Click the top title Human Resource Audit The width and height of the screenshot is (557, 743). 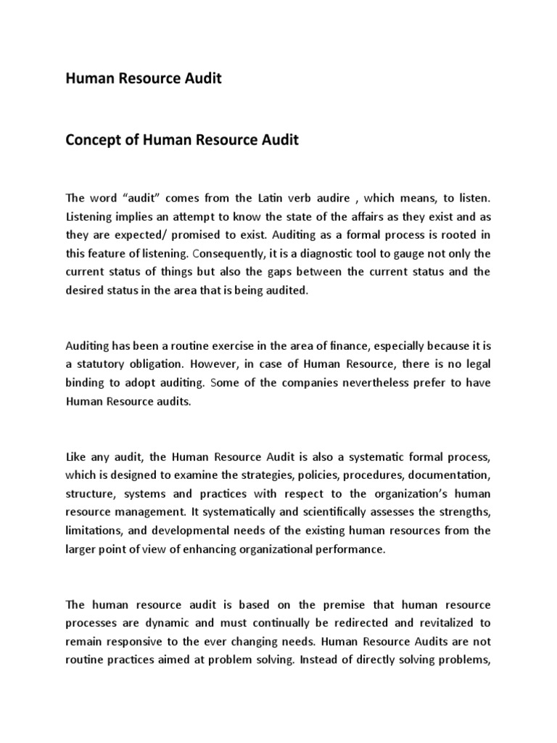click(144, 79)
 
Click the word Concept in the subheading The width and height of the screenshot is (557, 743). click(95, 140)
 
